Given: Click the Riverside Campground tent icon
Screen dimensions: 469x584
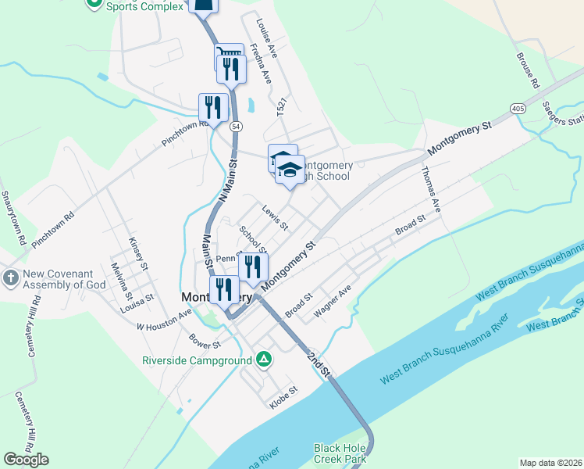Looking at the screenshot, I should (x=265, y=360).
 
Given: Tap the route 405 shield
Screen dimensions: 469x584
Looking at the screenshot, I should (x=518, y=108).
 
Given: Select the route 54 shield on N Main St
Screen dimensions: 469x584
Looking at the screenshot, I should (x=235, y=127).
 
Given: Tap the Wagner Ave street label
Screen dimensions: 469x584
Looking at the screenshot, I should (x=333, y=301).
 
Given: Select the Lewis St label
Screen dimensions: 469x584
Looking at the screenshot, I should (x=275, y=218).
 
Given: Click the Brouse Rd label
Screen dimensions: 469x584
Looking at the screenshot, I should (x=528, y=70).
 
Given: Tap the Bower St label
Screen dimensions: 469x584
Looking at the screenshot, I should (x=205, y=342).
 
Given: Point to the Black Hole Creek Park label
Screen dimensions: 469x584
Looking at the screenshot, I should (x=340, y=453).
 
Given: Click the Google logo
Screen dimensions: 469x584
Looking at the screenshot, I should (x=26, y=460).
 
